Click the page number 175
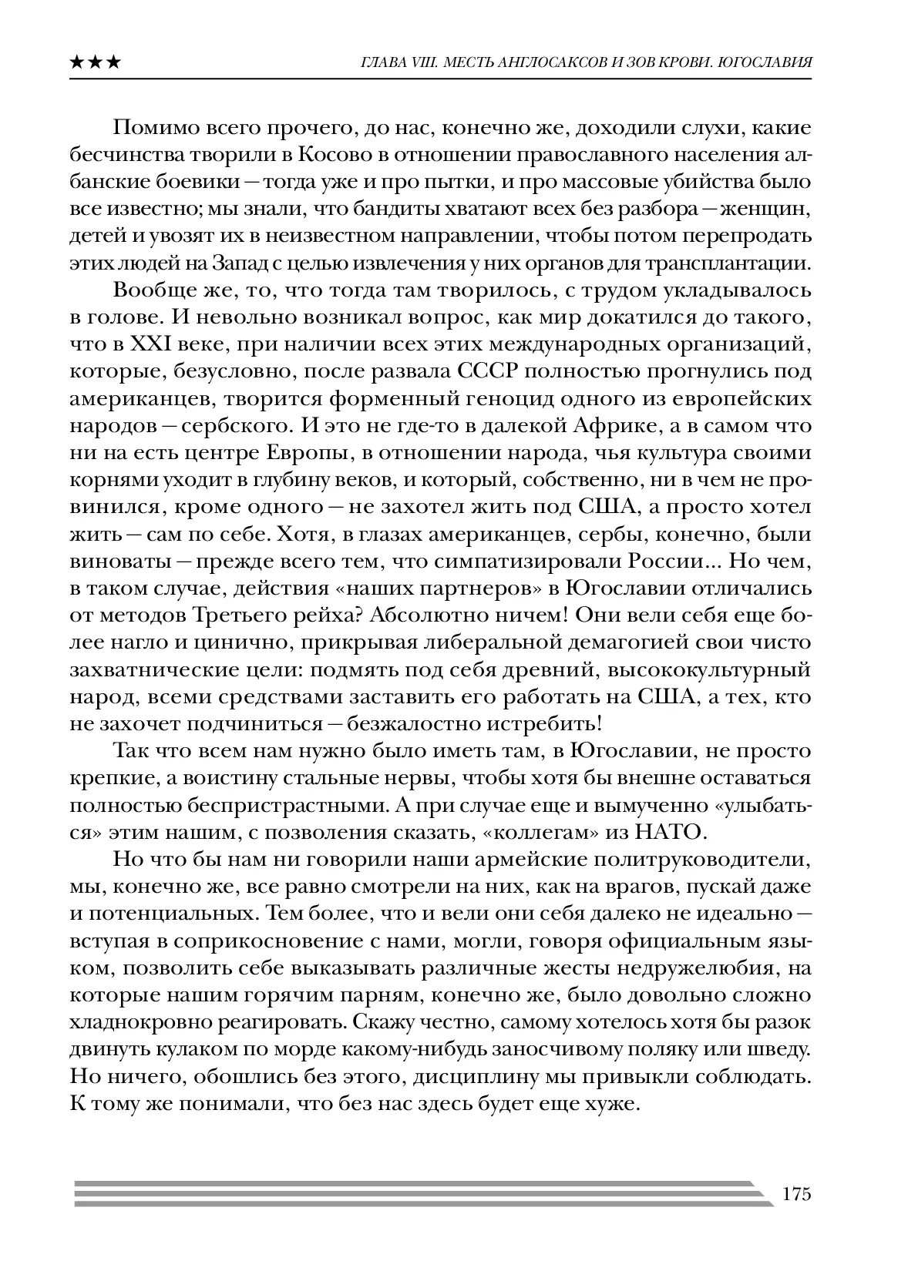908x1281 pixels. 796,1195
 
